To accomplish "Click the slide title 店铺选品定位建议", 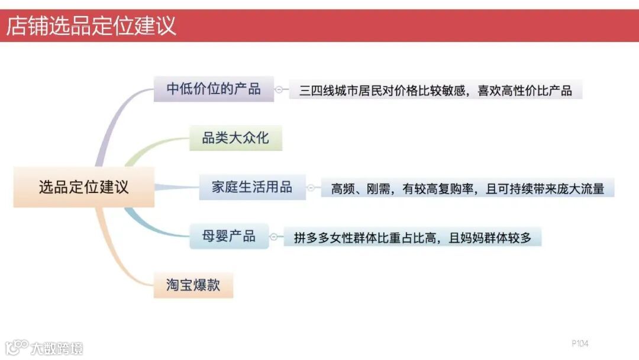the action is [92, 26].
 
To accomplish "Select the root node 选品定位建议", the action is [83, 187].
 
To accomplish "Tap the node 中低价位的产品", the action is [214, 89].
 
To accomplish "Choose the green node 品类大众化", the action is [235, 139].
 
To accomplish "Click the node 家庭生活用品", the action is [252, 187].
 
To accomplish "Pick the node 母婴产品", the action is [229, 236].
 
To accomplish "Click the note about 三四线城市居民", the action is [435, 90].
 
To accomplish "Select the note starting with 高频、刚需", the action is [467, 188].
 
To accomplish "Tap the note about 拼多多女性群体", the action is [412, 238].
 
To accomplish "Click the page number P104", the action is [580, 343].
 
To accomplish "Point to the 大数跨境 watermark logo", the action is [44, 347].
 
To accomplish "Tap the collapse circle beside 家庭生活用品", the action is [311, 188].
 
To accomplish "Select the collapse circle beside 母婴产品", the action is [273, 237].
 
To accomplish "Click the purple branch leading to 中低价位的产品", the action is [112, 118].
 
